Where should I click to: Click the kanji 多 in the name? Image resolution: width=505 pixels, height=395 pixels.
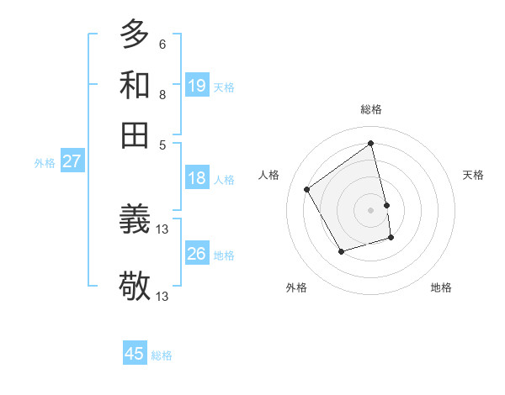point(135,34)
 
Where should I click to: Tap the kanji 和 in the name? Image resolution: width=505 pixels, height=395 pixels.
point(135,85)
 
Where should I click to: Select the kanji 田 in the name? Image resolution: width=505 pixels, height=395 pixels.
point(135,134)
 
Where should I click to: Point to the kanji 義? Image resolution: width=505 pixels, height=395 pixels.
point(135,221)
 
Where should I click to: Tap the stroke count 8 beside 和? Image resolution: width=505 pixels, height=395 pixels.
point(162,95)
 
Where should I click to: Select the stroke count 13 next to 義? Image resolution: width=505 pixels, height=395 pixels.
point(163,229)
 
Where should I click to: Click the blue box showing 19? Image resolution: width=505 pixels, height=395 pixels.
point(197,85)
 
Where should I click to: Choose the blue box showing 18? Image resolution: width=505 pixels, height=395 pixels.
point(197,178)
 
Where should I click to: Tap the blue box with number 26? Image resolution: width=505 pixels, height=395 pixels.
point(197,254)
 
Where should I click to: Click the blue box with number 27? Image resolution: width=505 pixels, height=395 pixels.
point(72,161)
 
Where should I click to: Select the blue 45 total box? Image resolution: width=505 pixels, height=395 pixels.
point(135,354)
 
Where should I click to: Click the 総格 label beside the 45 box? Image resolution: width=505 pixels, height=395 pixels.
point(162,355)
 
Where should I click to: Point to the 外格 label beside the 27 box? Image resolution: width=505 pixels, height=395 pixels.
point(45,163)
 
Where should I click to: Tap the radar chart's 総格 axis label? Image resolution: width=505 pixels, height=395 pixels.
point(371,110)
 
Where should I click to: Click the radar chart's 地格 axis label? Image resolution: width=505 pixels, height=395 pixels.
point(441,287)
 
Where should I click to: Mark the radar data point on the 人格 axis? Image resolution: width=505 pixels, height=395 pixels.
point(307,189)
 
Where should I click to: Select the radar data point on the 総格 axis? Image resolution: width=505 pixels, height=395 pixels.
point(371,144)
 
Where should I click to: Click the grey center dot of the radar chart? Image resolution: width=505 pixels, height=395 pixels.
point(371,209)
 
